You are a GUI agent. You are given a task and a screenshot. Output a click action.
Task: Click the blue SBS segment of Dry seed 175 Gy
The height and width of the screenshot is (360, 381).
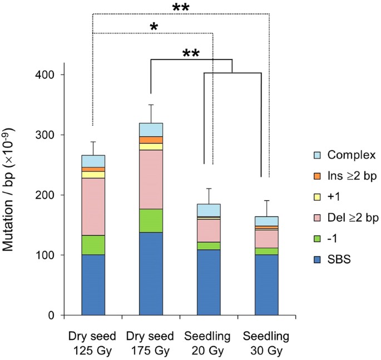pos(151,273)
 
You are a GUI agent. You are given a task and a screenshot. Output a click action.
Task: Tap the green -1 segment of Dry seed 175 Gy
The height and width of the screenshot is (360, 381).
pos(151,220)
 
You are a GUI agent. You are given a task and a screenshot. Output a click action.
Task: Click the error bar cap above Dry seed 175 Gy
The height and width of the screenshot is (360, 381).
pos(151,105)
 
